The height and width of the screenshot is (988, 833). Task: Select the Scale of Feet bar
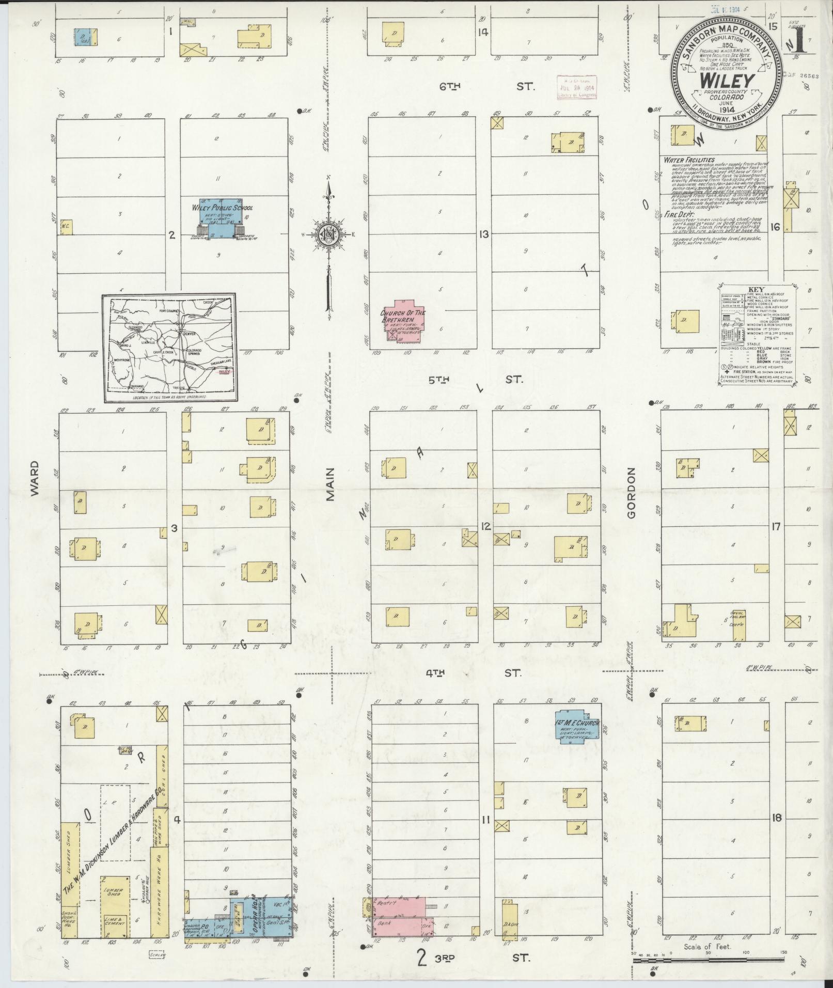(708, 961)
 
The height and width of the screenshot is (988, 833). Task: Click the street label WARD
(35, 482)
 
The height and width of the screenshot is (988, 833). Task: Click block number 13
(483, 234)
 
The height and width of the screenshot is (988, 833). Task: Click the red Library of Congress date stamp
(577, 87)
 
